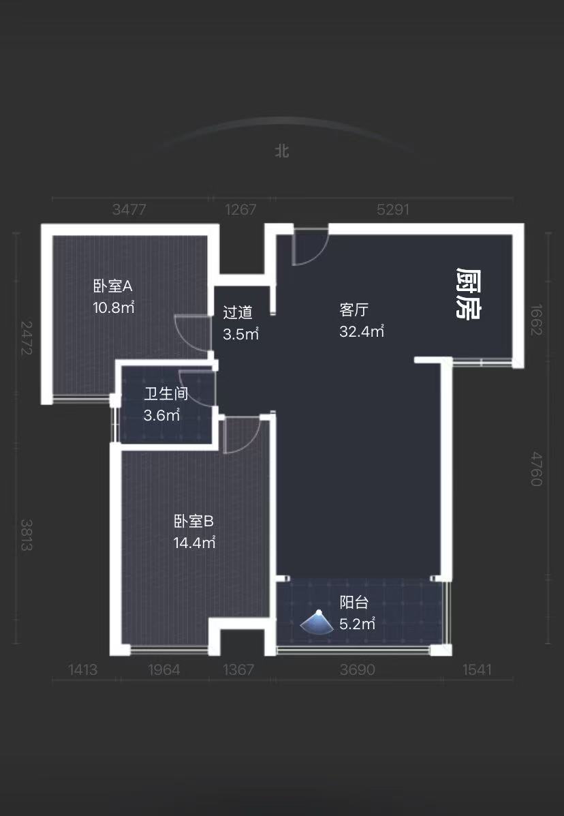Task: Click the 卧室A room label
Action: coord(112,286)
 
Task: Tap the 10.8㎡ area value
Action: coord(114,307)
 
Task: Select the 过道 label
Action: coord(238,313)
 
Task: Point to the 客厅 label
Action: coord(354,310)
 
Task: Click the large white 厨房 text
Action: coord(468,294)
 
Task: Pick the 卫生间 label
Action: coord(166,394)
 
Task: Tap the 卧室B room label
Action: coord(194,522)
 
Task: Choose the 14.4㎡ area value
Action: coord(194,543)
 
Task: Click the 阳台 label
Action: coord(354,603)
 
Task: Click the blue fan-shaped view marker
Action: coord(317,622)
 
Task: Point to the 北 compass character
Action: coord(282,151)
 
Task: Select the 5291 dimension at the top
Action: coord(393,210)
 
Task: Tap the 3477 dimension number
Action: coord(129,210)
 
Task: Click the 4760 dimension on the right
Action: coord(536,468)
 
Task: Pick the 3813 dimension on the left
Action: coord(27,535)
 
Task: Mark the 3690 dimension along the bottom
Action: coord(357,670)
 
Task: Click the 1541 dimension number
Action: coord(477,670)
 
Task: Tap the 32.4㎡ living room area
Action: coord(362,332)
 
